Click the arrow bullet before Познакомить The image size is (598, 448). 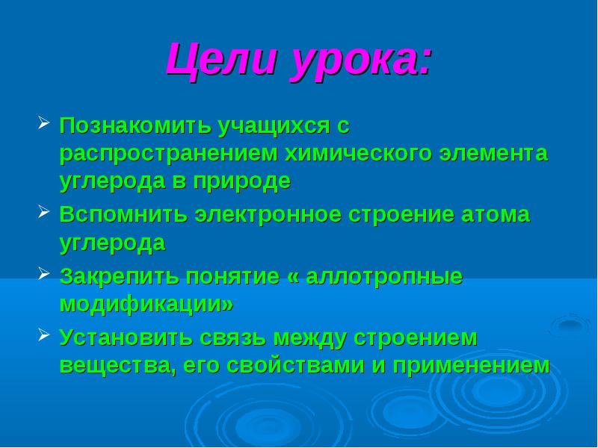pos(43,123)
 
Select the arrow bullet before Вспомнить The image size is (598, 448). pos(43,212)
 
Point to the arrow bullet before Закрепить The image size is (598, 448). pos(43,273)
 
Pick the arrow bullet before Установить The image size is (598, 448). pos(43,335)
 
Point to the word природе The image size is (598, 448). pos(241,182)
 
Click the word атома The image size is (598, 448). pos(496,215)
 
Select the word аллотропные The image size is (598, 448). pos(384,277)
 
